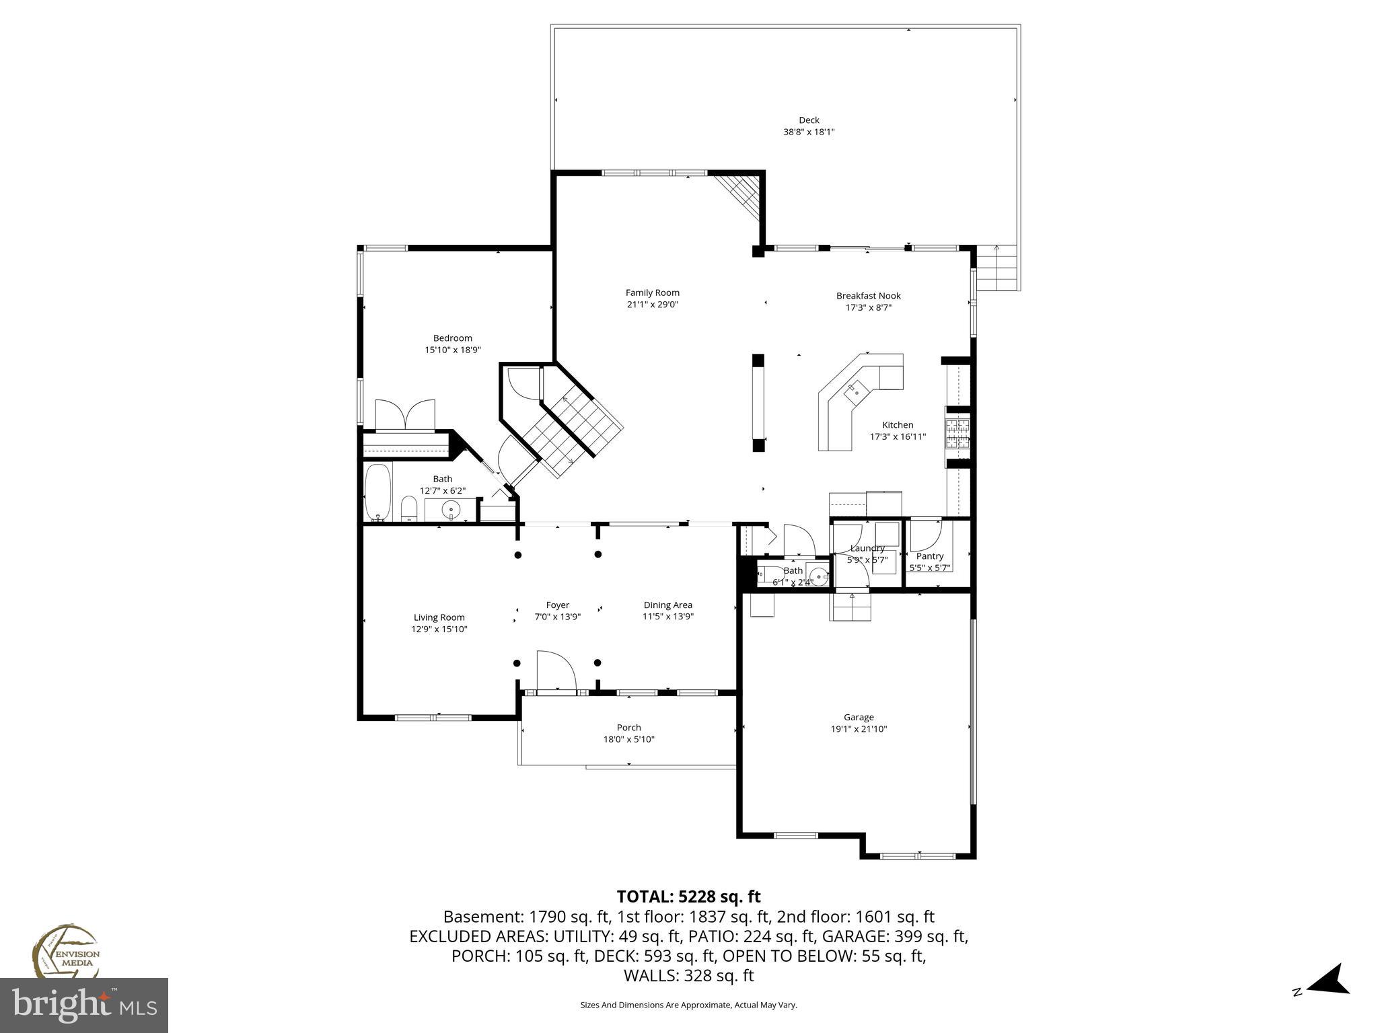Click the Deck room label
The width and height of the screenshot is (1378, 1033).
click(809, 120)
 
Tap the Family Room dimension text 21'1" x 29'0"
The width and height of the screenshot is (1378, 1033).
click(652, 305)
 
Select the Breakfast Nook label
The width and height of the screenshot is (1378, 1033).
click(868, 296)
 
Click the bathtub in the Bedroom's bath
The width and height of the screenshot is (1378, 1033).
click(377, 492)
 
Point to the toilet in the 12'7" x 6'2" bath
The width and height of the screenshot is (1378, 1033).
click(408, 509)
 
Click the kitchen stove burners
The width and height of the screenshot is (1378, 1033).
click(958, 434)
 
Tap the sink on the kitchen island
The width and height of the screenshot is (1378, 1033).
click(857, 389)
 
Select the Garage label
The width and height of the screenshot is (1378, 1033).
click(859, 718)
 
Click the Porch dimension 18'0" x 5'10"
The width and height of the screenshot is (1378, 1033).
click(628, 740)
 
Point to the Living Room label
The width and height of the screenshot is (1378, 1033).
click(439, 617)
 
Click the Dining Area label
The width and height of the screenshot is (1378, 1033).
click(667, 605)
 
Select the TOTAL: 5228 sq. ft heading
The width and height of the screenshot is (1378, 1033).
click(688, 896)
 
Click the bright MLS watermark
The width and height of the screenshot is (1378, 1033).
click(84, 1005)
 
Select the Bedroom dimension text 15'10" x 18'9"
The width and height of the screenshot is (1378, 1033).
click(452, 350)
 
